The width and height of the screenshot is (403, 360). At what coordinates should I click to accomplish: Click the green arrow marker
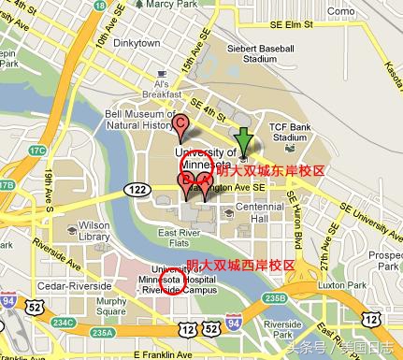point(244,142)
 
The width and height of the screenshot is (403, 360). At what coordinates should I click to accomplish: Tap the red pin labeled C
point(181,125)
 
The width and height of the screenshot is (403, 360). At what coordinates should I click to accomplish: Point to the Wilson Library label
point(94,231)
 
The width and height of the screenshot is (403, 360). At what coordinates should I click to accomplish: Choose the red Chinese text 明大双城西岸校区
point(240,265)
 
